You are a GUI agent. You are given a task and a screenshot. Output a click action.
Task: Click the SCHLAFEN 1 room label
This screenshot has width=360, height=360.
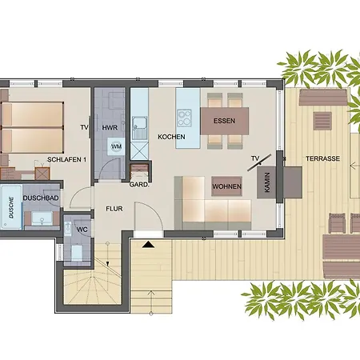[67, 159]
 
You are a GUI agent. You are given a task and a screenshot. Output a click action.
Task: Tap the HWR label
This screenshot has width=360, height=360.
[110, 128]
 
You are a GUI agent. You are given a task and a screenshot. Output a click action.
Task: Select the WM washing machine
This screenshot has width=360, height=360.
[116, 146]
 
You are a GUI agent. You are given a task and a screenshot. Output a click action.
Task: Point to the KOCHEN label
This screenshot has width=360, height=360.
[171, 137]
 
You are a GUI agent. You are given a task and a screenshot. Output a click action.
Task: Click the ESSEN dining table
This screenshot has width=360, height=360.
[224, 122]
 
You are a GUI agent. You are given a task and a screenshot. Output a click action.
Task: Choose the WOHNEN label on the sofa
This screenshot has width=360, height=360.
[227, 186]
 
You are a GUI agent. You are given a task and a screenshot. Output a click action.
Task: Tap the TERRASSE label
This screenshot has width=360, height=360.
[324, 159]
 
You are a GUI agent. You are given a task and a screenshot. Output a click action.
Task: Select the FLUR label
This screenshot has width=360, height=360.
[114, 210]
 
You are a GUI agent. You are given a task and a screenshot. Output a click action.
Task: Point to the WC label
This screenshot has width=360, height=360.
[82, 229]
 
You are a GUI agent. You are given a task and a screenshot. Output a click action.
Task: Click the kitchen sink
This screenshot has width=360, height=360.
[140, 124]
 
